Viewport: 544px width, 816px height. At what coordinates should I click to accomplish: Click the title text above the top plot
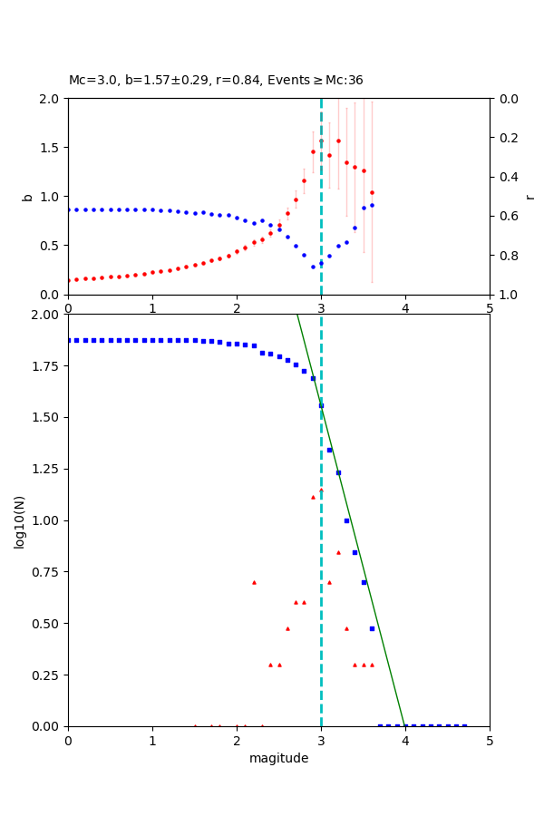tap(216, 81)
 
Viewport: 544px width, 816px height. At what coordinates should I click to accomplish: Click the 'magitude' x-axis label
tap(278, 759)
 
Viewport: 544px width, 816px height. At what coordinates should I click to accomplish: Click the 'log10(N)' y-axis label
tap(20, 521)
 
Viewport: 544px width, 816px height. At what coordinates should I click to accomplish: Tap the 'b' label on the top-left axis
tap(27, 196)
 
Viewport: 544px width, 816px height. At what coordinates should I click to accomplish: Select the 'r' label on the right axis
tap(530, 196)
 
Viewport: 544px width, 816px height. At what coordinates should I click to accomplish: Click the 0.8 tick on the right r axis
tap(501, 256)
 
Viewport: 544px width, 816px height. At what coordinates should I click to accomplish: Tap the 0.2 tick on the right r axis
tap(501, 138)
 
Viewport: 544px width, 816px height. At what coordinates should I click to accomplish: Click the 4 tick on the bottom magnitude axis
tap(405, 741)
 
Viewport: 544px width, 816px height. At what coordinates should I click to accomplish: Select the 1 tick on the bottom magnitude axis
tap(152, 741)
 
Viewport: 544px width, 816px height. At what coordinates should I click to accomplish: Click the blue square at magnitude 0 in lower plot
tap(68, 340)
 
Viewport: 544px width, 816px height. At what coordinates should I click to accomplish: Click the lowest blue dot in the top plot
tap(313, 267)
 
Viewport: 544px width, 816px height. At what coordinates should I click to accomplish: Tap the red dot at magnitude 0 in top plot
tap(68, 280)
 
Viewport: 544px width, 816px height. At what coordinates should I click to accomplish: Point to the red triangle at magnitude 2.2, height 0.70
tap(254, 582)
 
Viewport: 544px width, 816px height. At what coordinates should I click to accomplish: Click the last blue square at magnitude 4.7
tap(464, 725)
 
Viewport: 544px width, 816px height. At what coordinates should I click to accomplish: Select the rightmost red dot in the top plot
tap(372, 192)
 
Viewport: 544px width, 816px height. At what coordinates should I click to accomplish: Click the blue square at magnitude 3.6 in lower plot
tap(372, 628)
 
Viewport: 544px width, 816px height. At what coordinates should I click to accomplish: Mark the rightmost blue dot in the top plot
tap(372, 205)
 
